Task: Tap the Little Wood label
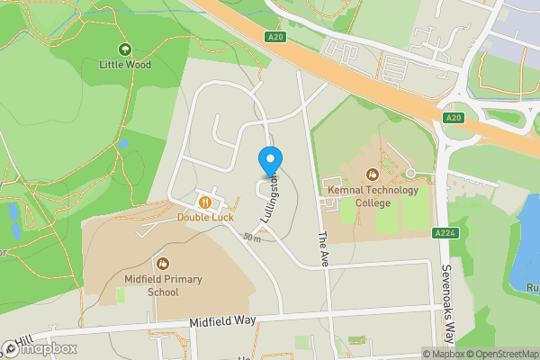124,65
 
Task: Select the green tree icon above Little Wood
124,49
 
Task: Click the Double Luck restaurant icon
205,202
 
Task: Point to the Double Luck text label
205,217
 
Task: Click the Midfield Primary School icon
163,264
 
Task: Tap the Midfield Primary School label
163,285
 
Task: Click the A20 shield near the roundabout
453,117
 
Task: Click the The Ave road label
323,249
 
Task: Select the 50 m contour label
251,238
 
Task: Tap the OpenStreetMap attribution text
499,354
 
